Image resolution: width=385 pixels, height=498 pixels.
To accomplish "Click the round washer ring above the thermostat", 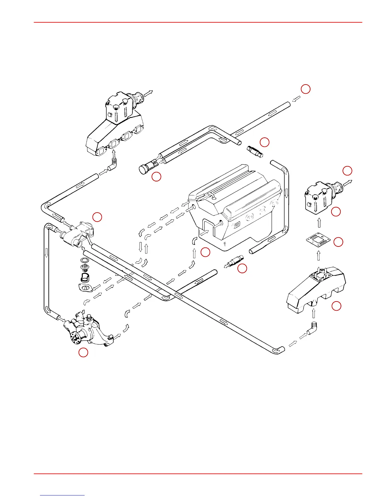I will coord(84,261).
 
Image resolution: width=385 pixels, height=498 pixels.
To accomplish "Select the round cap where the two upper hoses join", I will coord(144,169).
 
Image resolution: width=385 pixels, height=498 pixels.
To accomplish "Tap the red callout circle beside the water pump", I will coord(83,352).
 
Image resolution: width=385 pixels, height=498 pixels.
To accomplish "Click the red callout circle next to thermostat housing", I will coord(97,217).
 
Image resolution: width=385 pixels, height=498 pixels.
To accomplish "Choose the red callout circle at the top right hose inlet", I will coord(305,89).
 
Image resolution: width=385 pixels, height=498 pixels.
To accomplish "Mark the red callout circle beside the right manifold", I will coord(336,306).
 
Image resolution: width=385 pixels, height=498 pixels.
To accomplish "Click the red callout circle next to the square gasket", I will coord(338,242).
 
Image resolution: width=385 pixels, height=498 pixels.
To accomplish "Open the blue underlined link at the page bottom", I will coord(62,495).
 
